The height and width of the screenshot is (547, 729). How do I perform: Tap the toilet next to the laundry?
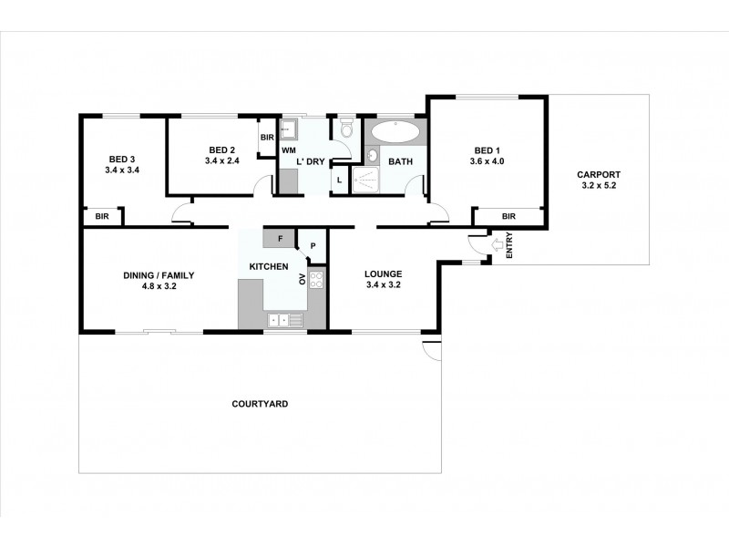click(345, 130)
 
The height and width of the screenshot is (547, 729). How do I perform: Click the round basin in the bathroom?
click(373, 155)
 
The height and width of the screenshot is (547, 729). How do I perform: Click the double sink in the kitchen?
click(282, 320)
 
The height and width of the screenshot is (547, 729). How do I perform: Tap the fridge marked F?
click(280, 239)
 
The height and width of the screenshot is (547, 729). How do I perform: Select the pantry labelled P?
click(312, 245)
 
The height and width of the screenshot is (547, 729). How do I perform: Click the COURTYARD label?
click(260, 403)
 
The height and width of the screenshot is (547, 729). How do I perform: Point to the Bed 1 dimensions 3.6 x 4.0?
click(488, 161)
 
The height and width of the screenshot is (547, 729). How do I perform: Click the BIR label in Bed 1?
click(508, 216)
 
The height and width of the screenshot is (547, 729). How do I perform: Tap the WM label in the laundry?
click(288, 150)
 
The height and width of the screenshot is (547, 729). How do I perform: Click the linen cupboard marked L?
click(339, 180)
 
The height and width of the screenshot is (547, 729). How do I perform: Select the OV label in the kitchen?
click(303, 278)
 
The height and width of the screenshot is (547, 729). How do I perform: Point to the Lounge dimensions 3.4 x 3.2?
click(383, 284)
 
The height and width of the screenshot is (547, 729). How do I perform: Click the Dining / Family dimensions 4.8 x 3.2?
click(159, 285)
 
